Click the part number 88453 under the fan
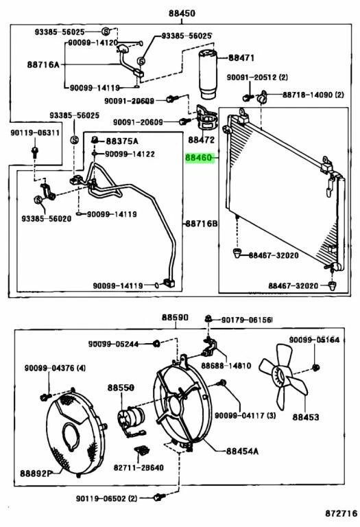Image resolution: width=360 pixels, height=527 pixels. tap(306, 416)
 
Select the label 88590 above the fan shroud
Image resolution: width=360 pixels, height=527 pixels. tap(175, 318)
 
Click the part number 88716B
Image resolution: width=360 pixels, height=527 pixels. tap(200, 224)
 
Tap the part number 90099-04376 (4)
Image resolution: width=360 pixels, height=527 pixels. tap(56, 369)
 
